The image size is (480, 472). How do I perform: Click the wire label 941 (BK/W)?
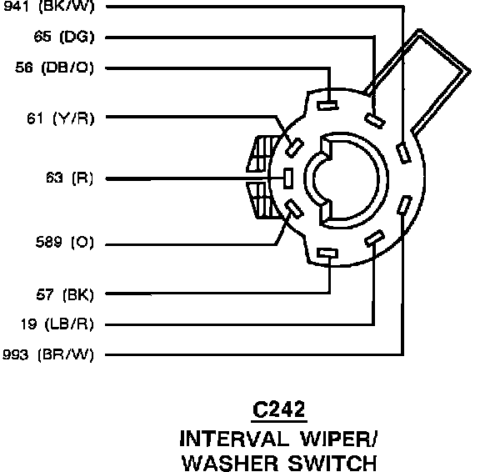[x=48, y=6]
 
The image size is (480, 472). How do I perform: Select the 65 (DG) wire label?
[x=64, y=37]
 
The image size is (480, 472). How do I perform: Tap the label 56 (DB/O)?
[x=54, y=68]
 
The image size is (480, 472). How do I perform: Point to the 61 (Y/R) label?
[x=61, y=118]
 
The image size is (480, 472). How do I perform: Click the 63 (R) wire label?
[x=69, y=178]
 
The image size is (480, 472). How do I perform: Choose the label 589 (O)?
[x=65, y=243]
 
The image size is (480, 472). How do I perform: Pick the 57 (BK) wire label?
[x=65, y=294]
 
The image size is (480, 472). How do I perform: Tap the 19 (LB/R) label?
[x=57, y=324]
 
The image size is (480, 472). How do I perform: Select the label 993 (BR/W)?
[x=48, y=354]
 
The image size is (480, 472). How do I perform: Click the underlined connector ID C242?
[x=279, y=409]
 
